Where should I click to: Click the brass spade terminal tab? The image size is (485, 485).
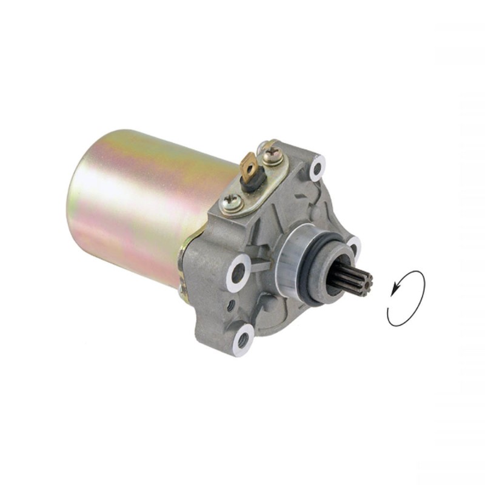249,164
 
